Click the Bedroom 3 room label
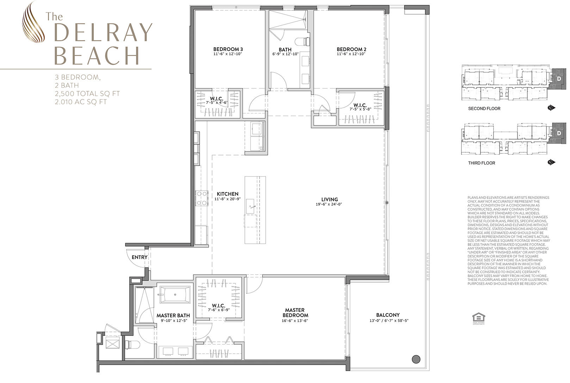point(228,49)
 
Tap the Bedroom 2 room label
point(351,49)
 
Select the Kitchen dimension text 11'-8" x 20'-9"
point(228,199)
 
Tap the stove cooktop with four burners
point(202,198)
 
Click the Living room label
point(329,199)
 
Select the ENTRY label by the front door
point(140,257)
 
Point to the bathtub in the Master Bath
point(175,295)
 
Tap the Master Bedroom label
point(295,313)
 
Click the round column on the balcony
point(416,359)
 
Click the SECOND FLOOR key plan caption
point(484,109)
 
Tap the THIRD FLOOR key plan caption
point(481,163)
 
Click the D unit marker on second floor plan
point(559,79)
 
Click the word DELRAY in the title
point(103,34)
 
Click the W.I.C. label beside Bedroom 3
point(215,98)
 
